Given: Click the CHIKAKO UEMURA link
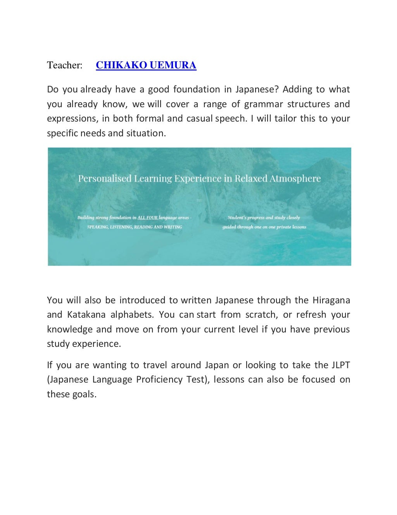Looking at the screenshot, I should coord(146,65).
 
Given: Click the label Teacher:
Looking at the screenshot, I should coord(65,65).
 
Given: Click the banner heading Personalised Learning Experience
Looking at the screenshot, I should coord(199,179).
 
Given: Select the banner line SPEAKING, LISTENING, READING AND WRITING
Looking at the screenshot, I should coord(135,227).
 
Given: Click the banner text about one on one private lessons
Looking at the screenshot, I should coord(264,227).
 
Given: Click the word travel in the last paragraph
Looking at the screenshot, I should coord(155,365).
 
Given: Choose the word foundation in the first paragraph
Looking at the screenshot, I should coord(196,90).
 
